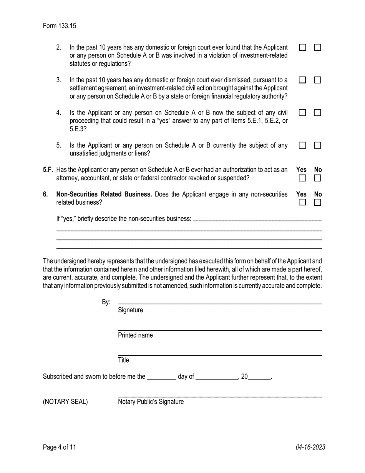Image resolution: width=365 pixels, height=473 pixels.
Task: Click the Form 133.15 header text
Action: [60, 26]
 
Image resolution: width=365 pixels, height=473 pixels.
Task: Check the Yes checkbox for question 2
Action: [303, 48]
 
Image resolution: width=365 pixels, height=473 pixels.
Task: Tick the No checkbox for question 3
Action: [317, 80]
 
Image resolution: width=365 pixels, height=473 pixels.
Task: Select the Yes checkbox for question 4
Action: [303, 113]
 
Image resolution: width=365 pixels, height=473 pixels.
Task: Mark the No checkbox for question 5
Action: [317, 146]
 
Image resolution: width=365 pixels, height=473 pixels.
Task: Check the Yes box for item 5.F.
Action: [303, 178]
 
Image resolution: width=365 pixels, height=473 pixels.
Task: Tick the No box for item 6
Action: [317, 202]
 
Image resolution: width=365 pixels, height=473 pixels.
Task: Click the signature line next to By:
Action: [220, 301]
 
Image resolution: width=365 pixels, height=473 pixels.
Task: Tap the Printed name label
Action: [135, 335]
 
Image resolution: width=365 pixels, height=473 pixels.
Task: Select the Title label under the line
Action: [123, 360]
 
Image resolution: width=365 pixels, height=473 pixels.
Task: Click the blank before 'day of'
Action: [162, 377]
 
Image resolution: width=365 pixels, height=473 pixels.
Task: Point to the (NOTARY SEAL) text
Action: [65, 402]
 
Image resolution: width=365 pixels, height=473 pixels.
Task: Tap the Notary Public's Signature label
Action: [151, 402]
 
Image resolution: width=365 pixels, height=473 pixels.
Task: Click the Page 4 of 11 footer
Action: [60, 447]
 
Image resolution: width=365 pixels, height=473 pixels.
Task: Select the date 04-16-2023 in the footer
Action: [310, 447]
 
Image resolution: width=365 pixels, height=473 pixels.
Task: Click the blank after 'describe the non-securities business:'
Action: [257, 219]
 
